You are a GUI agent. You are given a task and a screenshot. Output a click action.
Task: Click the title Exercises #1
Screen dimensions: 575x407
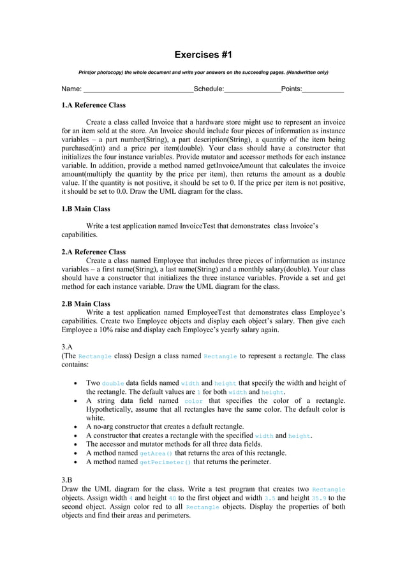tap(204, 55)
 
